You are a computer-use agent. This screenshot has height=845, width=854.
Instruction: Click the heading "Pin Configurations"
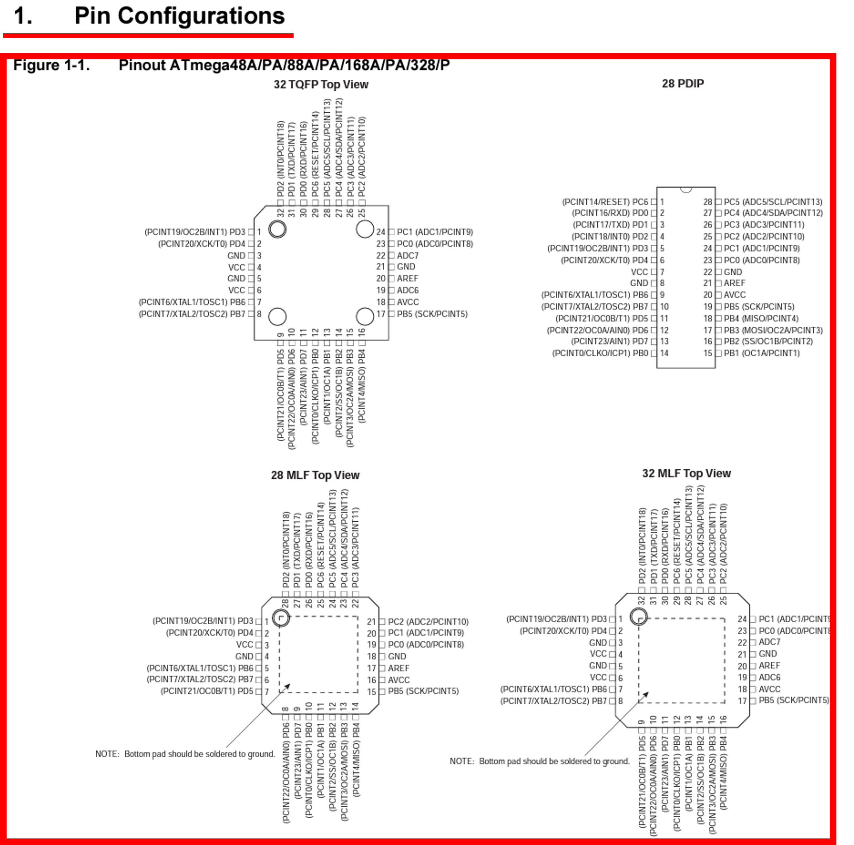tap(179, 16)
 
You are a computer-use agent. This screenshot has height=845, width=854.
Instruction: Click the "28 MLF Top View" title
tap(315, 475)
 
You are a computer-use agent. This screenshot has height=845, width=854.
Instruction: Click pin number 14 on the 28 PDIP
tap(664, 353)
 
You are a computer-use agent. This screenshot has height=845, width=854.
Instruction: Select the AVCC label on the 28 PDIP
tap(735, 295)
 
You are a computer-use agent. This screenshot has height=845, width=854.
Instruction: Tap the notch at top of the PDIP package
tap(686, 190)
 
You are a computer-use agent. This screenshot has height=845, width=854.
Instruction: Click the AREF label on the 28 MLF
tap(398, 668)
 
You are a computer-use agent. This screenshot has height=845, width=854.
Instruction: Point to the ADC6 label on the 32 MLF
tap(769, 677)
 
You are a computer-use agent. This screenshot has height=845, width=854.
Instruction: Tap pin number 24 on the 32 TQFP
tap(381, 232)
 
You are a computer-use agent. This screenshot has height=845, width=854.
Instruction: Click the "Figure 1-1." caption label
tap(51, 65)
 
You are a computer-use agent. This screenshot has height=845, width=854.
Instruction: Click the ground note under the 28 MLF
tap(185, 754)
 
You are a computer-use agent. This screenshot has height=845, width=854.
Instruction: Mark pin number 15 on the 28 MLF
tap(371, 692)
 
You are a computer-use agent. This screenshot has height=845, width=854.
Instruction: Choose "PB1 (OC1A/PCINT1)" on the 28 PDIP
tap(761, 353)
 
